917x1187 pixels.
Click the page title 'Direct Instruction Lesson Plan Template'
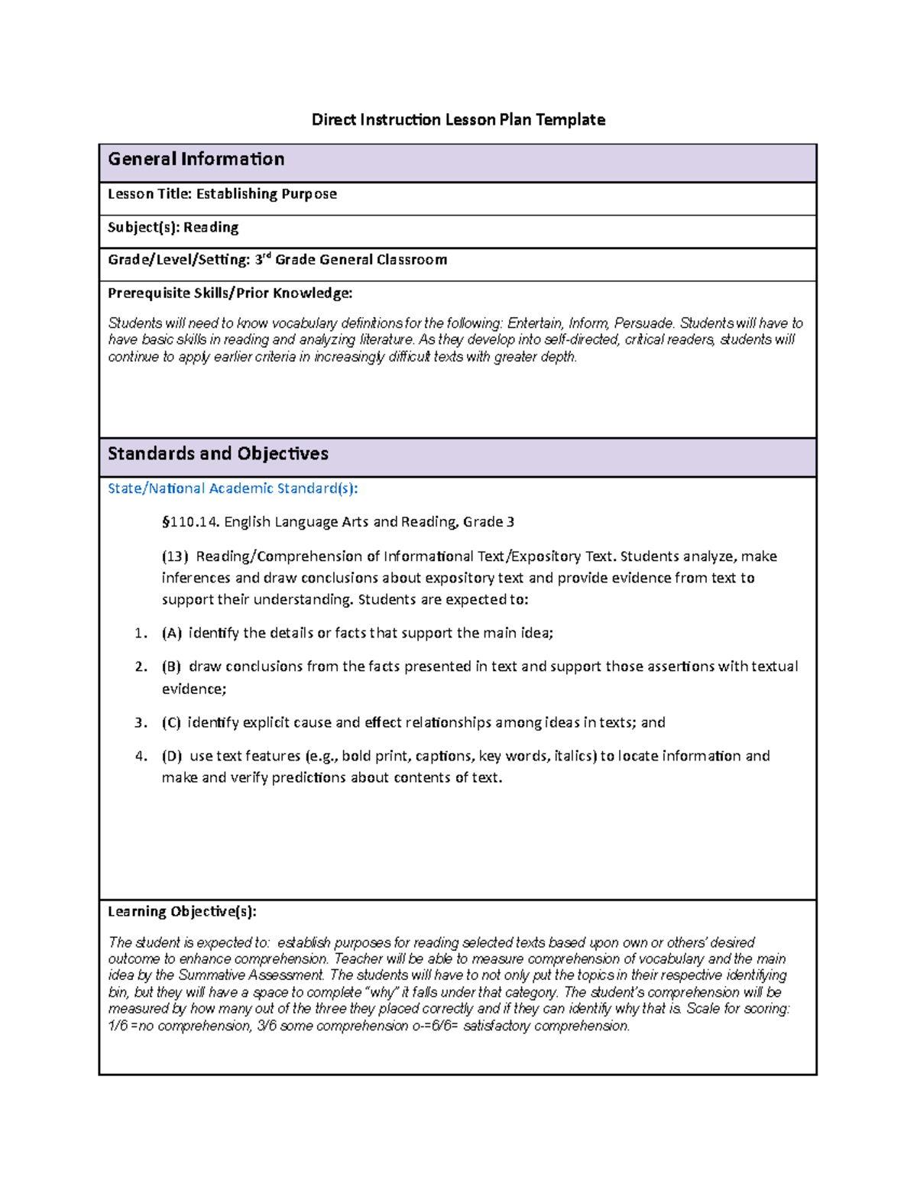[458, 119]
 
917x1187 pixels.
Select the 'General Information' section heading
[196, 159]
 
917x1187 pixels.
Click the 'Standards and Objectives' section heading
[218, 453]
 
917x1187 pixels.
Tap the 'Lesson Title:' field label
[150, 194]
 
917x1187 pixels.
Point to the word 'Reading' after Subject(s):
[211, 227]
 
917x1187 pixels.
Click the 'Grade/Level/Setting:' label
[179, 260]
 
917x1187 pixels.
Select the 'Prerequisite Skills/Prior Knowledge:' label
[230, 293]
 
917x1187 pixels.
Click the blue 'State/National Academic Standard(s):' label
[232, 488]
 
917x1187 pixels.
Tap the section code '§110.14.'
[190, 522]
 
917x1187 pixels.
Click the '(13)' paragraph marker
[175, 556]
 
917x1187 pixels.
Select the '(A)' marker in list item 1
[172, 633]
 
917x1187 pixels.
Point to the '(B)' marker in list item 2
[172, 666]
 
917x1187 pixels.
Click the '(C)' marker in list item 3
[172, 722]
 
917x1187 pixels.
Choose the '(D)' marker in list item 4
[172, 756]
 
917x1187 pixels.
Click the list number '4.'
[141, 756]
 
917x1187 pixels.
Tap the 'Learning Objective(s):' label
[182, 911]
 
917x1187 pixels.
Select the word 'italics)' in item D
[575, 756]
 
